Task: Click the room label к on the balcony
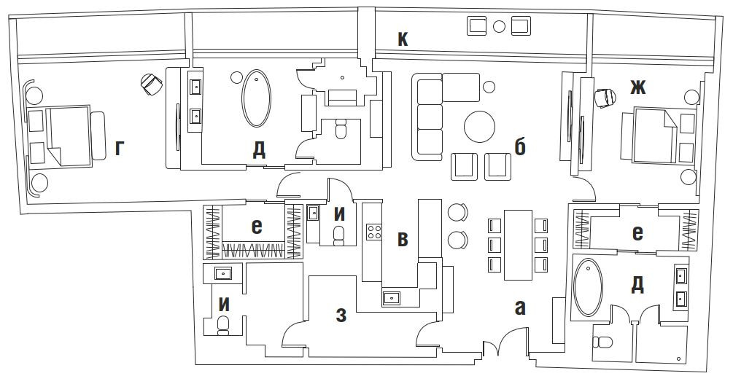[403, 39]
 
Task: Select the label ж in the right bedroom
[637, 87]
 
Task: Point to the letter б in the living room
[520, 147]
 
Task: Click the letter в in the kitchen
[403, 239]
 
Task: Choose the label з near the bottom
[342, 316]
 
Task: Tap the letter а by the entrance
[520, 307]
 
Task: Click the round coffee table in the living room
[480, 126]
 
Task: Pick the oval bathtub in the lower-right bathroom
[589, 287]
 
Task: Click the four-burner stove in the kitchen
[374, 232]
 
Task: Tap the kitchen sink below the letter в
[392, 297]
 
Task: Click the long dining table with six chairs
[518, 245]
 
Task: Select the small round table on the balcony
[500, 27]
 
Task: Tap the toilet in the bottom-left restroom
[224, 325]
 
